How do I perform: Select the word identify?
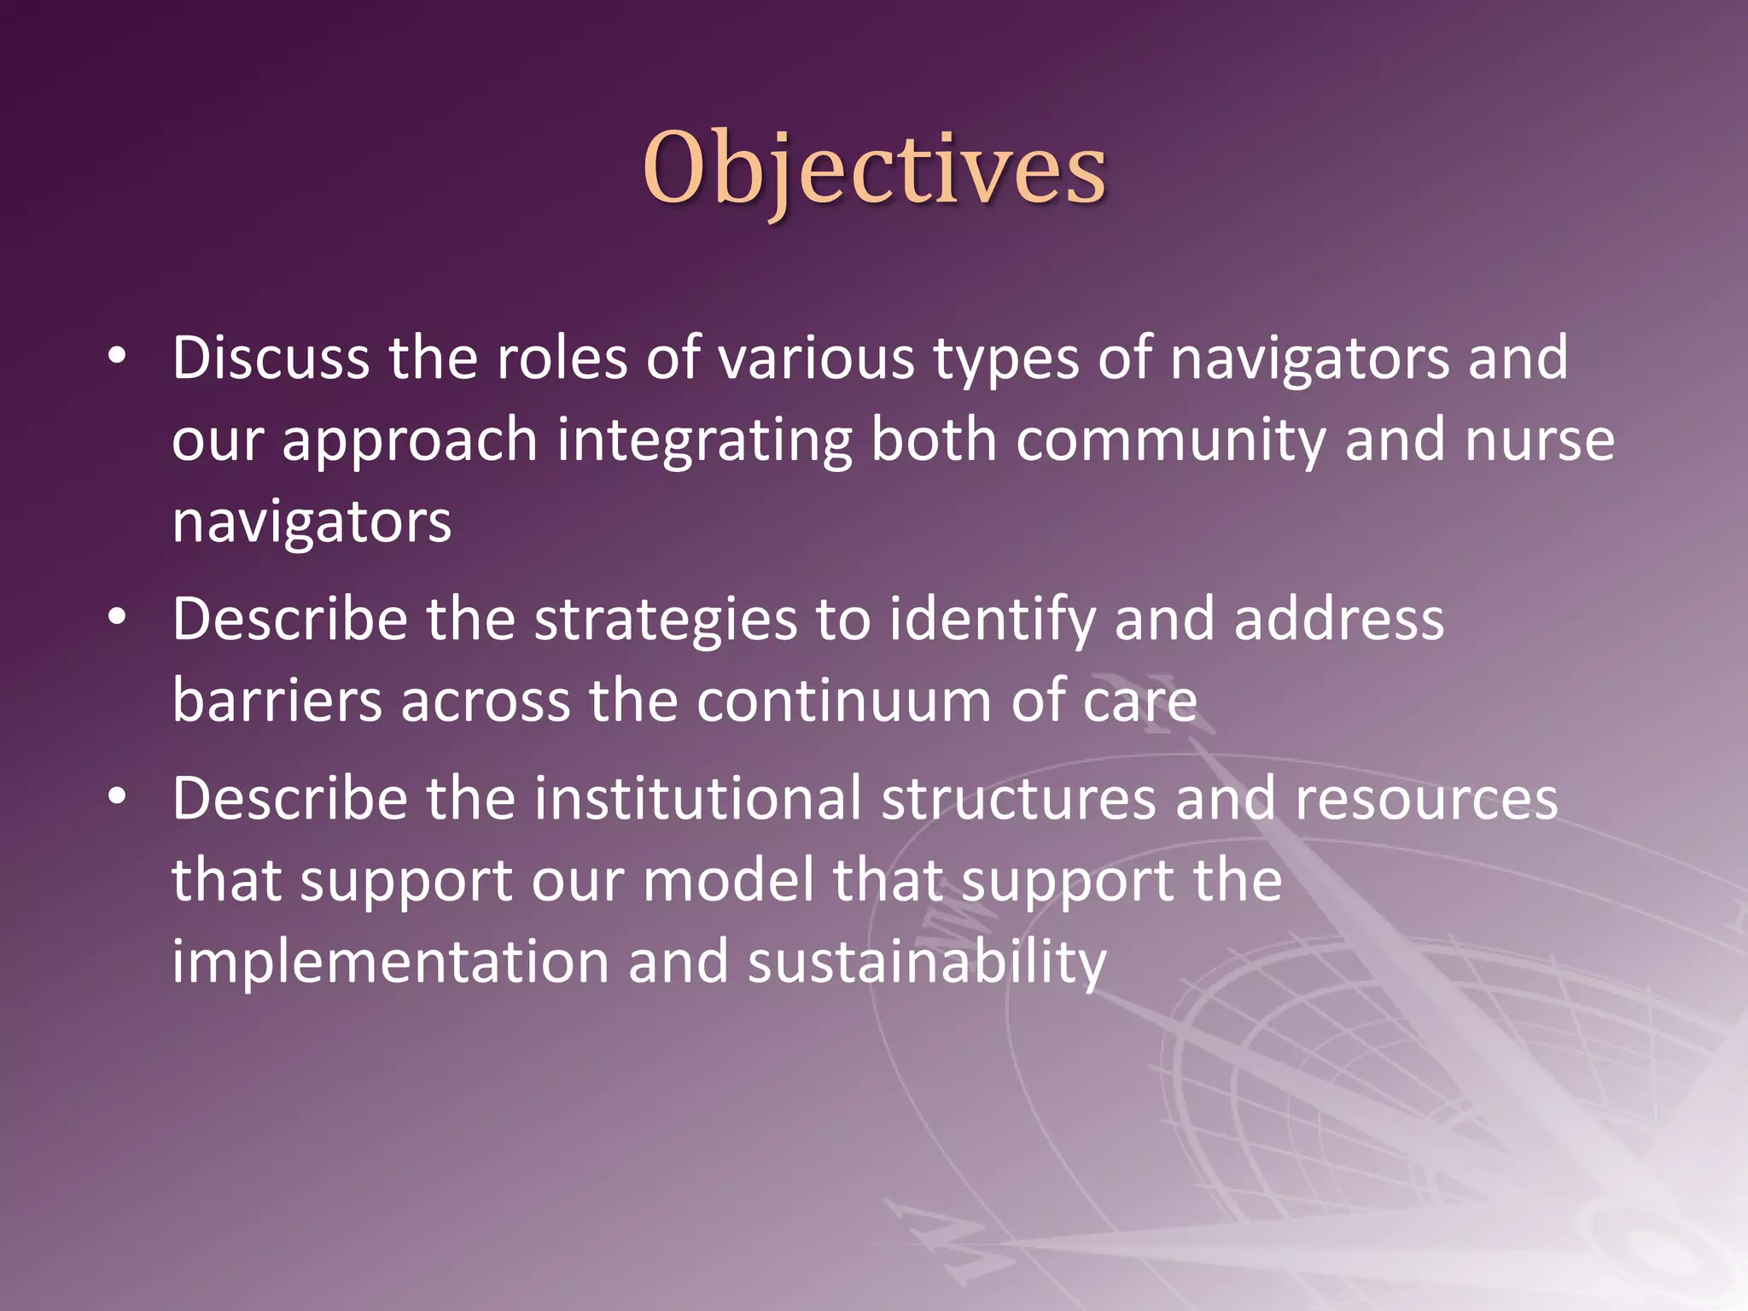[992, 620]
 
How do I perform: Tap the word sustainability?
[927, 962]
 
